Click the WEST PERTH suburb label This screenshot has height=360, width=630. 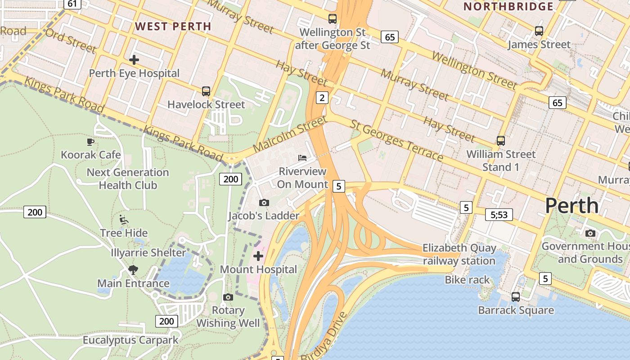click(x=173, y=26)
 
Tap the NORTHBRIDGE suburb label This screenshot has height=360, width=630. click(x=508, y=6)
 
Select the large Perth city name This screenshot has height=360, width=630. click(x=571, y=206)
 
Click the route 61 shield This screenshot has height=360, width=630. click(x=72, y=4)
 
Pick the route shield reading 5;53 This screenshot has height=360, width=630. click(x=499, y=215)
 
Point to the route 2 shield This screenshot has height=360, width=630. click(x=322, y=97)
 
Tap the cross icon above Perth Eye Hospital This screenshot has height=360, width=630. click(x=134, y=59)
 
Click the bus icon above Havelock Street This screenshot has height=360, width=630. click(x=206, y=91)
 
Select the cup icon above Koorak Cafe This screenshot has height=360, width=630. click(x=90, y=142)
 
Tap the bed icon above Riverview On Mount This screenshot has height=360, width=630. click(x=303, y=158)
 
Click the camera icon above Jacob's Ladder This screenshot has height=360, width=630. click(x=264, y=203)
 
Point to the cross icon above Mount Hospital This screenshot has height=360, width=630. click(x=258, y=256)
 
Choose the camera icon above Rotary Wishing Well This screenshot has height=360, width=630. click(x=228, y=297)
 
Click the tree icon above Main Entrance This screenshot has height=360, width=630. click(x=133, y=270)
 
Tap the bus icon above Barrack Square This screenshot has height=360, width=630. click(x=516, y=297)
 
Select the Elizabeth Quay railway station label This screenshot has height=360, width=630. click(x=459, y=254)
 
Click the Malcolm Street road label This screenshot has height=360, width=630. click(x=289, y=134)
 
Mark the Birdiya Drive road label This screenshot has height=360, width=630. click(x=324, y=337)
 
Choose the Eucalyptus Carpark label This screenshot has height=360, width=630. click(x=130, y=340)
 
